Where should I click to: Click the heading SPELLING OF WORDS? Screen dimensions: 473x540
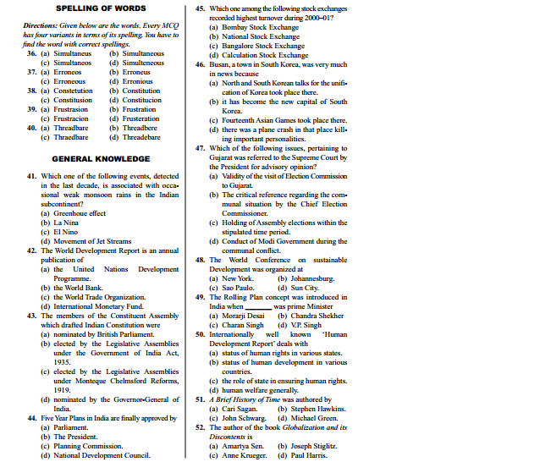[x=102, y=8]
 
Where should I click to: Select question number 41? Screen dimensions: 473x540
[x=31, y=176]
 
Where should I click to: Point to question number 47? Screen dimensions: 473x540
[x=200, y=148]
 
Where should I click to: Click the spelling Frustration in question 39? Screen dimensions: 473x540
[x=139, y=109]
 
